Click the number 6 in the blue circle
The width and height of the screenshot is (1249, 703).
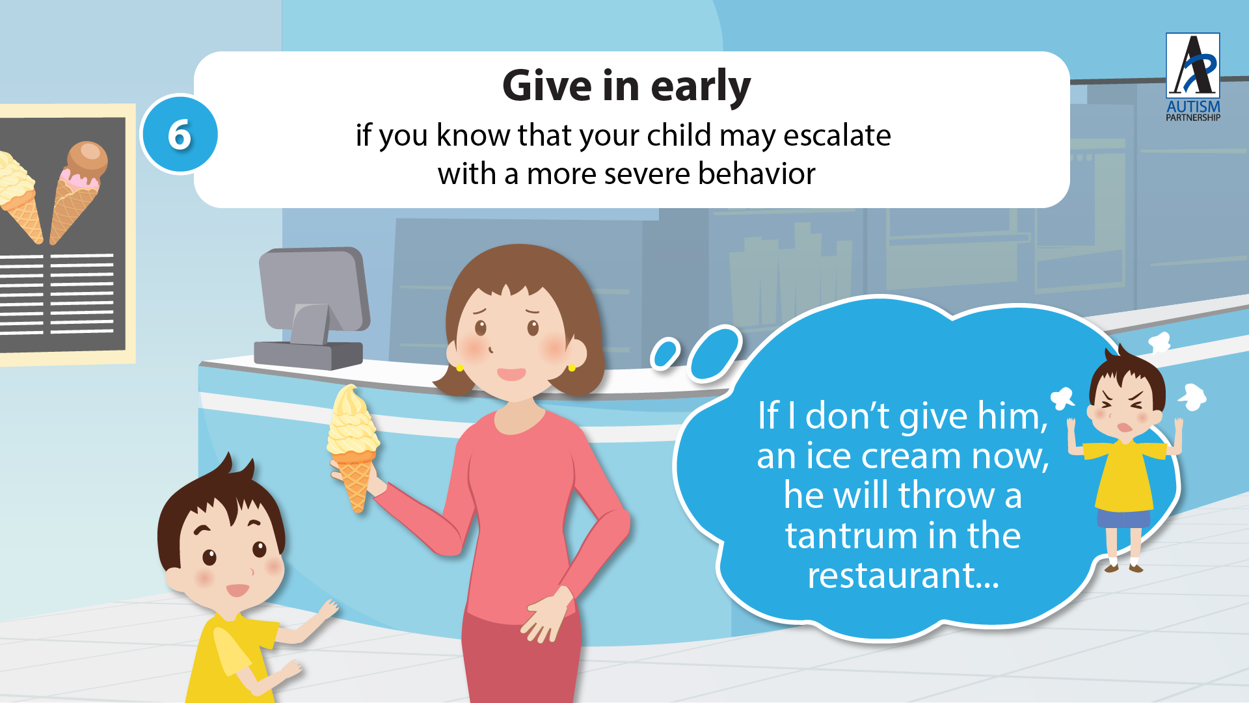[180, 135]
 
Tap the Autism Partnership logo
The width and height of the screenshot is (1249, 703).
[1193, 77]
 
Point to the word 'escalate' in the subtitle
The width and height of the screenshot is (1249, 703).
[837, 135]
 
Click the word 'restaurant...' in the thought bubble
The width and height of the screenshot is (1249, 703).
[903, 575]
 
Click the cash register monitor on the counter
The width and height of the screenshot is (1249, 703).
[314, 289]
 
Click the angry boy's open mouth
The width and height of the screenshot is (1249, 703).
[1125, 427]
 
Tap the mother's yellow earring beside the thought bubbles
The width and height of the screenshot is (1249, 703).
[572, 368]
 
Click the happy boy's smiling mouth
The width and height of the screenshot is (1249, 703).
[237, 590]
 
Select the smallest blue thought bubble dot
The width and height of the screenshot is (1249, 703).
[665, 353]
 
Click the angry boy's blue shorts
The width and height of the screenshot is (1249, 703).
[1123, 519]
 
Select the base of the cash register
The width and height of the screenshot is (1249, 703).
[308, 355]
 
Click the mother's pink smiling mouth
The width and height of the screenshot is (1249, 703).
[511, 374]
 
